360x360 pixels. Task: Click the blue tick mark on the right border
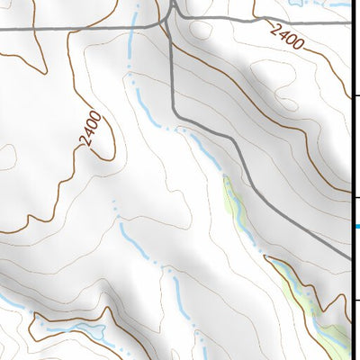[356, 226]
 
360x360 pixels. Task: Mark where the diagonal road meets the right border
[350, 258]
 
